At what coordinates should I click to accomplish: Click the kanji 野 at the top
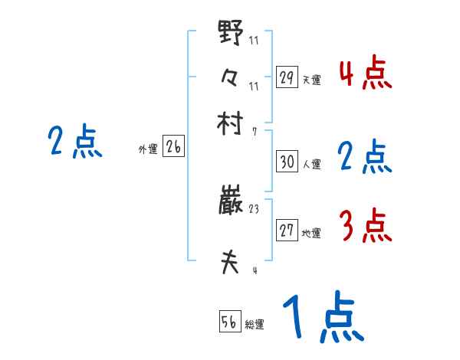tap(229, 34)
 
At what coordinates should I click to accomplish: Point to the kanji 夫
tap(230, 263)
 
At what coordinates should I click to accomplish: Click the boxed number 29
tap(286, 77)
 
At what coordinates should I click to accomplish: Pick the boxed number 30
tap(287, 162)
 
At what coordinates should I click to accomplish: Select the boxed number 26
tap(173, 148)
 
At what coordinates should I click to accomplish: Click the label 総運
tap(255, 324)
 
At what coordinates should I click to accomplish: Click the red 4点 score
tap(365, 73)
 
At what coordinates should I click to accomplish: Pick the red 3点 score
tap(365, 226)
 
